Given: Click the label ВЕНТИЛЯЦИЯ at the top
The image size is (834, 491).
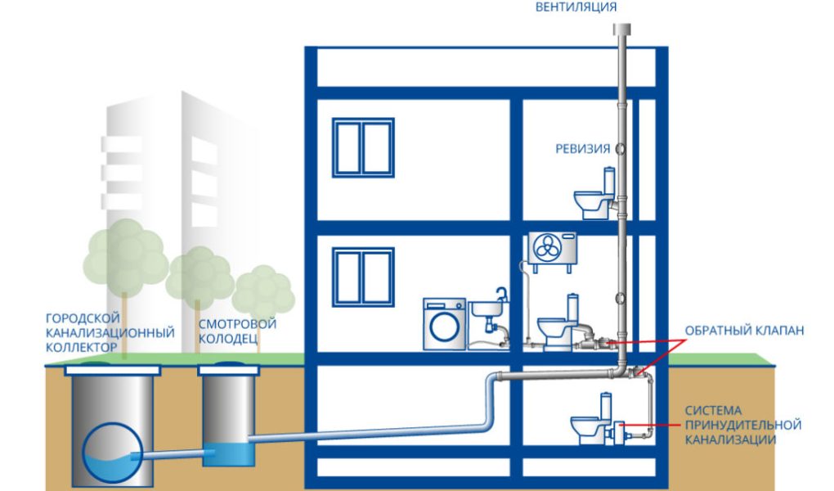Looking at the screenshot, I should [x=576, y=7].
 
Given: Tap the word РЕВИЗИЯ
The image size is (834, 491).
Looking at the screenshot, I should [x=583, y=149].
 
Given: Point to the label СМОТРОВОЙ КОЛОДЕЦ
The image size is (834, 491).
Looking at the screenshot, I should [x=237, y=331].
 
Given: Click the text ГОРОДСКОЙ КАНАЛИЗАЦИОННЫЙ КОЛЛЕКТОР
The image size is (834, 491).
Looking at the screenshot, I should [x=110, y=332].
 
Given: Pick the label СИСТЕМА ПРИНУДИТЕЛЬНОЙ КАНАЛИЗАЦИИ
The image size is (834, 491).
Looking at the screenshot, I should [x=742, y=425].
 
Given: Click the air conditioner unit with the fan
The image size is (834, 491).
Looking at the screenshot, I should [x=552, y=249].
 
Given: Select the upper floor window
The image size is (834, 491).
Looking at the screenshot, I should [x=363, y=146].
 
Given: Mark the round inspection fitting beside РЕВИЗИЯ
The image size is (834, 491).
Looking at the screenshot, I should [x=621, y=149].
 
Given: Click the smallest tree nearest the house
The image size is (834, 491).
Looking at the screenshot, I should [x=263, y=288].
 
